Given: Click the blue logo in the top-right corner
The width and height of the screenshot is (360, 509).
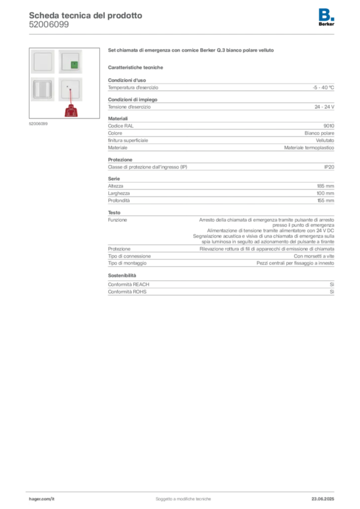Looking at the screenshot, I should [x=327, y=14].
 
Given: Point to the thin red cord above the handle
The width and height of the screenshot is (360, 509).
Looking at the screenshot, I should [x=71, y=96].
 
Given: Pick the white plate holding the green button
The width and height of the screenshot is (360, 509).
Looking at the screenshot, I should [x=70, y=62].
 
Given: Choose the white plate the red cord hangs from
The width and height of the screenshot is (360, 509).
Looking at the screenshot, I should [x=70, y=89].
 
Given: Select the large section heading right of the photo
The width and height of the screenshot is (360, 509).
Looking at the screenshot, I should [x=190, y=51].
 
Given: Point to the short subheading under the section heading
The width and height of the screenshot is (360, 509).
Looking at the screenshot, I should [x=137, y=68].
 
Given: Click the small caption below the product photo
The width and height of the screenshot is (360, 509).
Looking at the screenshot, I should [x=39, y=123].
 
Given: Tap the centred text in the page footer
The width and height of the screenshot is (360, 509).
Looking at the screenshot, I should [x=184, y=497].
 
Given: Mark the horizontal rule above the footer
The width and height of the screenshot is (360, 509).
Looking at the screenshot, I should [x=183, y=490].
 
